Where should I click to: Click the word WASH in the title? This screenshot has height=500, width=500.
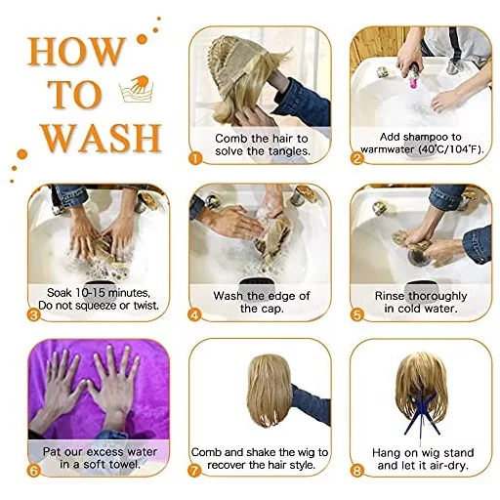102,138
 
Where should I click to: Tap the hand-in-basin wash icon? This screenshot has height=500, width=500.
137,89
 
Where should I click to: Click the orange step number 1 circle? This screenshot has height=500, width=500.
195,159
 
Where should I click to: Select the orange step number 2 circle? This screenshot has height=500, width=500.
356,159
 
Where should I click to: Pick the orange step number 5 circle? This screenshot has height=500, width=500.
356,315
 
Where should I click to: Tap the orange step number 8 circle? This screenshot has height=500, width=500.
356,471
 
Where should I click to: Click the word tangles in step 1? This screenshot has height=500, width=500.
289,151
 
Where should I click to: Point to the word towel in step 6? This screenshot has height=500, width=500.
125,464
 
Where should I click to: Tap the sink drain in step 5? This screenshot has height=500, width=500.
418,258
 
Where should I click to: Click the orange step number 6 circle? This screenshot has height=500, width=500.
34,471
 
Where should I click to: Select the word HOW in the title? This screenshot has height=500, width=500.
77,51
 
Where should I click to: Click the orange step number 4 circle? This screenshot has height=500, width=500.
194,315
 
